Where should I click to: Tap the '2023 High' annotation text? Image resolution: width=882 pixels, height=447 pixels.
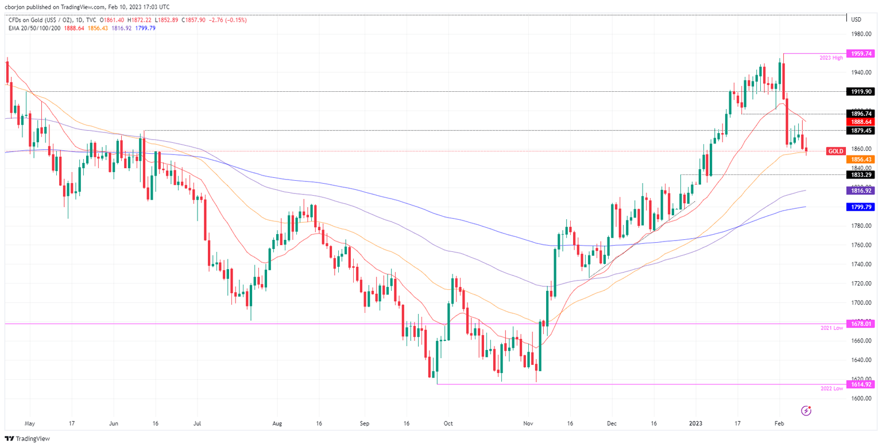pos(831,58)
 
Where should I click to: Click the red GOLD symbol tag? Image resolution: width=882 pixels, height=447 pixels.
pos(835,151)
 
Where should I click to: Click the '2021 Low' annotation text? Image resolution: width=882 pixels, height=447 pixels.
pos(831,328)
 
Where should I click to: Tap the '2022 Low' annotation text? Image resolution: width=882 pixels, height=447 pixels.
pos(831,388)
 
